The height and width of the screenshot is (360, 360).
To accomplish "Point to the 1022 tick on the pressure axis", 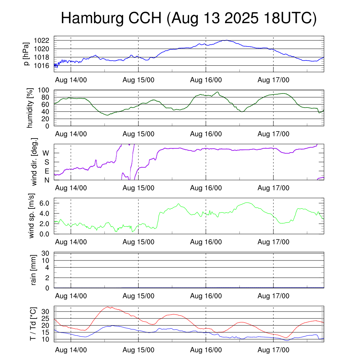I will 43,40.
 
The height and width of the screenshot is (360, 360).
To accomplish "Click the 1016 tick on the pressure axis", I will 43,65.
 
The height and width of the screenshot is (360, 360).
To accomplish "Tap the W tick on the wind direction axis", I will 46,153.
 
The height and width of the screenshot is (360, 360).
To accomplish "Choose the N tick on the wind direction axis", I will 46,180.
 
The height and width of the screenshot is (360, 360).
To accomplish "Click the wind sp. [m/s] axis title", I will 32,216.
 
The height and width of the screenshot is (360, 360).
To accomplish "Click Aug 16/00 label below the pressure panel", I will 206,80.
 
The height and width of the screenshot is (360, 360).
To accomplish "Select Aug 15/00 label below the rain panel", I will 139,296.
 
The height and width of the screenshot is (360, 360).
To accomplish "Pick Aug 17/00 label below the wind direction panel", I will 274,188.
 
